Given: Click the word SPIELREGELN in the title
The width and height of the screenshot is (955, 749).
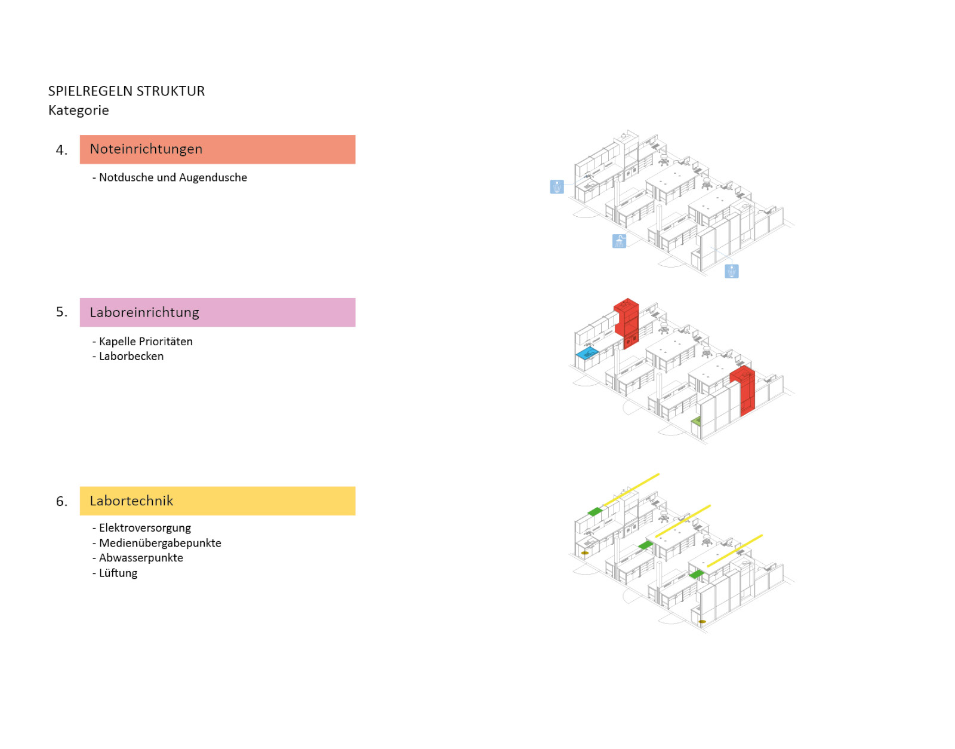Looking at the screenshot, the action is pos(90,91).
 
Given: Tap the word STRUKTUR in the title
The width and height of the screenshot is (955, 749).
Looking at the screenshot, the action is pos(171,91).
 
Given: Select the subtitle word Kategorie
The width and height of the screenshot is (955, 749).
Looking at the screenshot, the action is pos(79,110).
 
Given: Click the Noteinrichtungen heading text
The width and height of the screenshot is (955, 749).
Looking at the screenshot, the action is pos(146,149).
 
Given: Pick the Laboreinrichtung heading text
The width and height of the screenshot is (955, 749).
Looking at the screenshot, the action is pos(144,312).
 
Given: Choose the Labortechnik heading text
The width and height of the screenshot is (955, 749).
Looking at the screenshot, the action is pos(131,501).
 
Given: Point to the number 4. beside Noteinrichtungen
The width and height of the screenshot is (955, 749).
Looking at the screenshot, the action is pos(61,151).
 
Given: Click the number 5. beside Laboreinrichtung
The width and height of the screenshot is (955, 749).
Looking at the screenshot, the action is pos(61,312).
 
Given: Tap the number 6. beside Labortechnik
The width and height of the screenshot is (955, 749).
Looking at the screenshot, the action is pos(61,501).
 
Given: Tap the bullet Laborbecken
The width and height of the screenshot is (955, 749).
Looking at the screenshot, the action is pos(131,356).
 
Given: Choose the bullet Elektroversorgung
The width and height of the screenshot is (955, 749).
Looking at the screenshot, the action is pos(144,528).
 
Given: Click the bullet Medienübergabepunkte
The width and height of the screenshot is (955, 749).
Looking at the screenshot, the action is pos(160,543).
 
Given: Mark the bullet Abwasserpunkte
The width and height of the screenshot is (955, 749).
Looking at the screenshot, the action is pos(141,558).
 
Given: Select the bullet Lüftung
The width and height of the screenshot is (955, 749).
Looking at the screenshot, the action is pos(118,573).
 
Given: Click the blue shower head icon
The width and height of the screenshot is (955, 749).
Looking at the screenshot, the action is pos(619,241).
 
